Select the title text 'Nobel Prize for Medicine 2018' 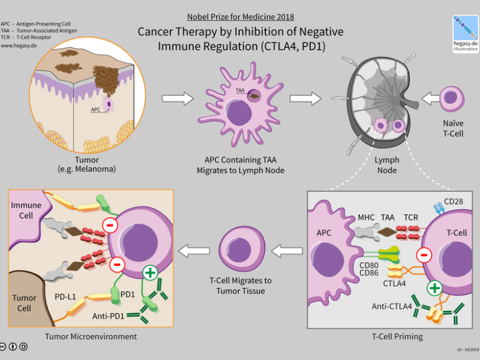pyautogui.click(x=240, y=16)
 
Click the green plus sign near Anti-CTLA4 pyautogui.click(x=432, y=287)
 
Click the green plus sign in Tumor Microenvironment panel pyautogui.click(x=151, y=272)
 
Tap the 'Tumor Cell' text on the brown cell pyautogui.click(x=25, y=303)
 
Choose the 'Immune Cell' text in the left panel pyautogui.click(x=25, y=210)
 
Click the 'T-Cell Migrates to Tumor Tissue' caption pyautogui.click(x=241, y=286)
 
